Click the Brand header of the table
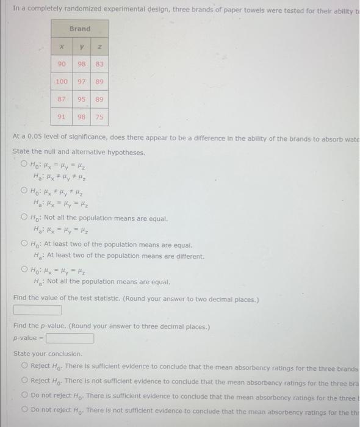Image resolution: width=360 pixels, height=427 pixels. pos(80,29)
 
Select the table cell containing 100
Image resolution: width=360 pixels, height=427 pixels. pos(62,81)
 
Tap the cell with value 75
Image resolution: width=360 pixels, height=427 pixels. pos(99,116)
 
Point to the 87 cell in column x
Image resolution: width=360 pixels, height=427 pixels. pos(62,99)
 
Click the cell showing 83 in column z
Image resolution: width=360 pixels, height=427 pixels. pos(99,64)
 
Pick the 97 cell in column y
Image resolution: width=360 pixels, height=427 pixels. pos(81,81)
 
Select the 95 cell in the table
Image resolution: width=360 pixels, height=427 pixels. pos(81,99)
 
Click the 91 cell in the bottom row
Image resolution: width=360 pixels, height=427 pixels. pos(62,116)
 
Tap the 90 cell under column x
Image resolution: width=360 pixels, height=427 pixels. pos(62,64)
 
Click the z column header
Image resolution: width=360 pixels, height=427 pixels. pos(99,46)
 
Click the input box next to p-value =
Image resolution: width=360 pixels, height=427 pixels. pos(70,338)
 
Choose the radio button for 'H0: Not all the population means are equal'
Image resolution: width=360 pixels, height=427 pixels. pos(24,218)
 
